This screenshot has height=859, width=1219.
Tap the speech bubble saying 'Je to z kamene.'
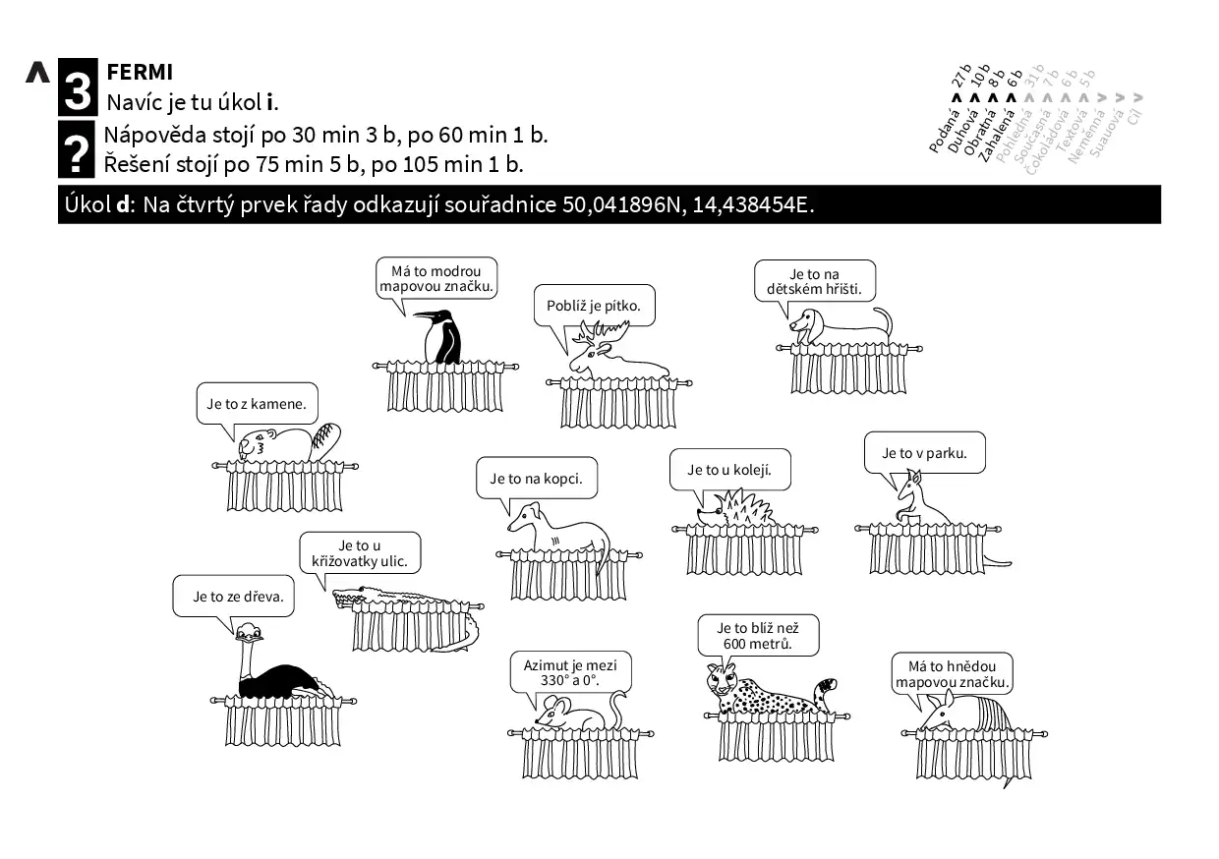tap(257, 403)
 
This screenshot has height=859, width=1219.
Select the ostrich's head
tap(249, 632)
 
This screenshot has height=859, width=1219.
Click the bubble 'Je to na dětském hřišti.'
tap(814, 281)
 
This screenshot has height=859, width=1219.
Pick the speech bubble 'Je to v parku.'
tap(924, 453)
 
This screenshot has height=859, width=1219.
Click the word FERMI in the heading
tap(140, 72)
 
